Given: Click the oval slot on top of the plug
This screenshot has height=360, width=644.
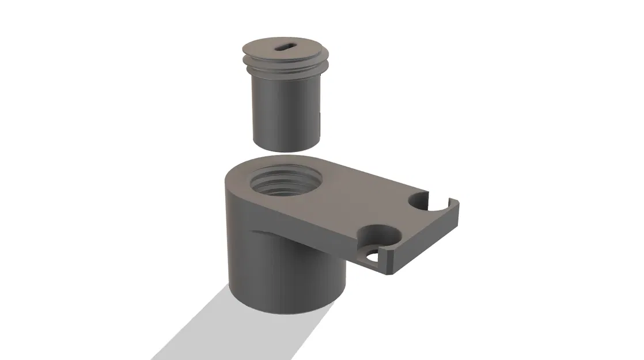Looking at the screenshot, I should (x=286, y=49).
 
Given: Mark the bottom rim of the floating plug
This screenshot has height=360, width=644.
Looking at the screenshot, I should (x=286, y=147).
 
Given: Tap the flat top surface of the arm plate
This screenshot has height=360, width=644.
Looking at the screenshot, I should (x=357, y=196).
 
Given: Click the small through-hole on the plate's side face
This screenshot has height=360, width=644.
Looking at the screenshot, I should (x=372, y=257).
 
